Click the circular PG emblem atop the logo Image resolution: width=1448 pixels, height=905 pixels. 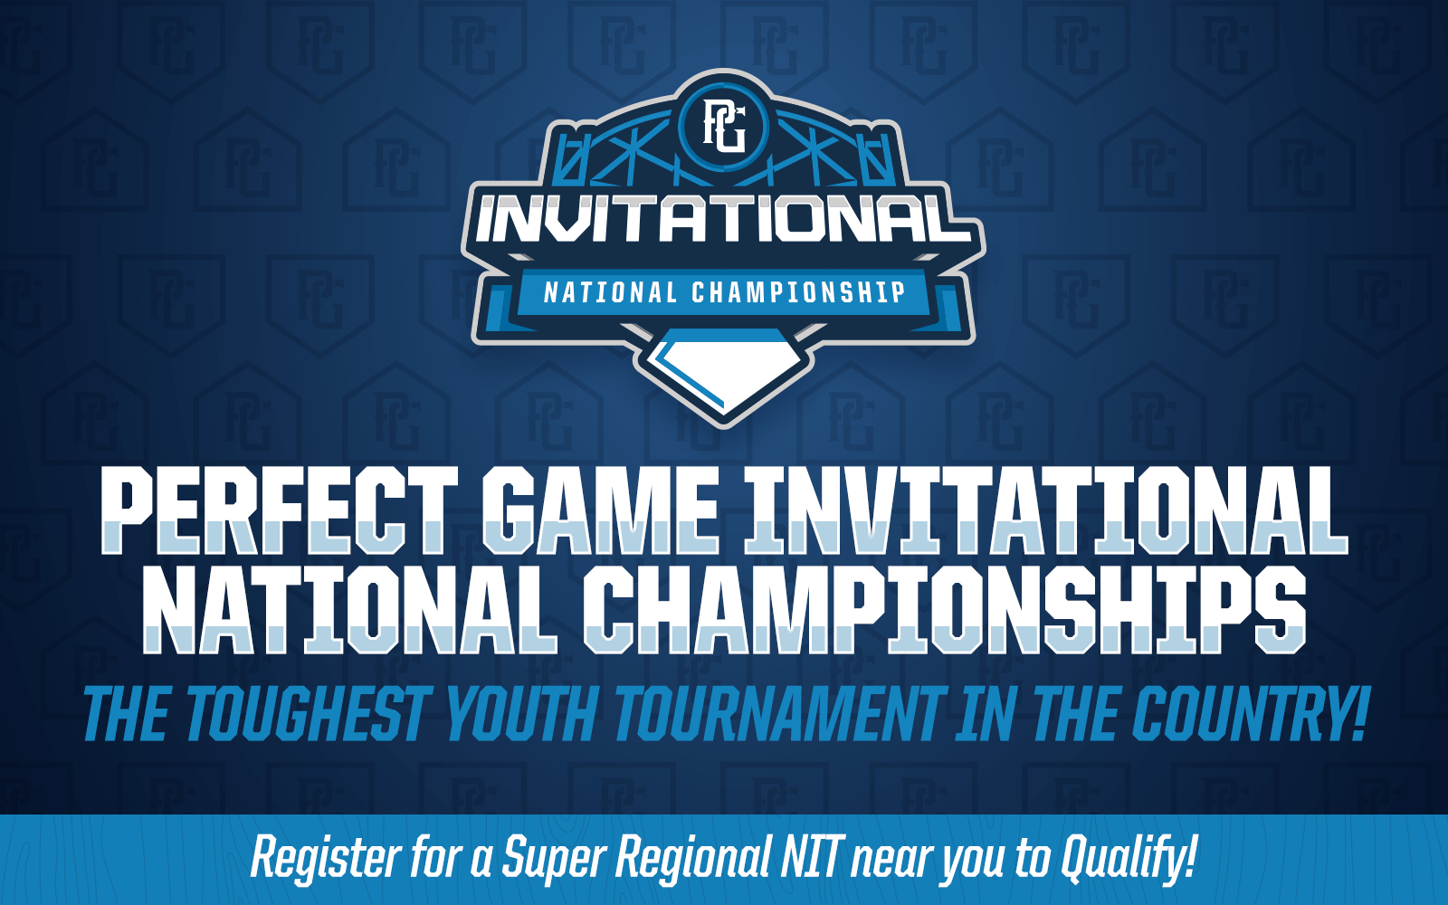724,126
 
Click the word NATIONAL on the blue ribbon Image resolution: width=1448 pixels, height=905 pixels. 610,293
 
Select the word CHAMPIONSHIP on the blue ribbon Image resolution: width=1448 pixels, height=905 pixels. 798,292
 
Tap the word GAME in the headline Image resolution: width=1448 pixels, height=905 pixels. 601,510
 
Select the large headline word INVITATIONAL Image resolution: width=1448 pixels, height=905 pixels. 1045,510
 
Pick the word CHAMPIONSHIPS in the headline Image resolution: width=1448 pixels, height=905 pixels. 944,610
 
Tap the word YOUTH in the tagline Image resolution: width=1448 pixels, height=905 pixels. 523,714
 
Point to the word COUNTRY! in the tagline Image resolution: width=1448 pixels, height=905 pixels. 1249,714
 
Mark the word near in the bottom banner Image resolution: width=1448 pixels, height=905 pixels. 891,861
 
